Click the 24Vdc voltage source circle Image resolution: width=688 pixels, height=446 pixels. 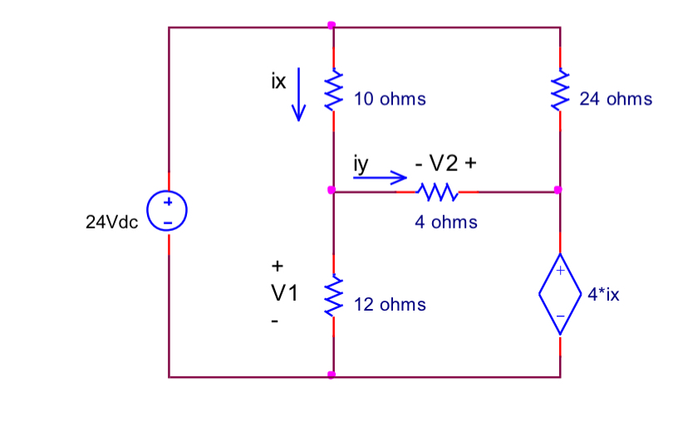(x=168, y=212)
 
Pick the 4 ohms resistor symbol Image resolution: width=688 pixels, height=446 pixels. (x=436, y=192)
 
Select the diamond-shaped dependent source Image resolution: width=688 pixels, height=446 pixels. (x=559, y=293)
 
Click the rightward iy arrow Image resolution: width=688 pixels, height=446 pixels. (x=381, y=177)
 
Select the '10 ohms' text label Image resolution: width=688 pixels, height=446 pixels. (x=390, y=99)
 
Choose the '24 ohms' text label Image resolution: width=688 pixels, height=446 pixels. (x=616, y=99)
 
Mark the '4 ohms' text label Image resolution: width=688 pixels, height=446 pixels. (x=446, y=222)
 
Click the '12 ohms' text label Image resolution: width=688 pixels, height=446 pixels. (x=390, y=305)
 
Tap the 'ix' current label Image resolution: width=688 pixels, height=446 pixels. (x=278, y=81)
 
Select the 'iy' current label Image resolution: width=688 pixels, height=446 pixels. (x=360, y=164)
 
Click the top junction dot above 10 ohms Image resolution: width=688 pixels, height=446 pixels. (x=332, y=26)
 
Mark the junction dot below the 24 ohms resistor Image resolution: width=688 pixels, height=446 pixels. (x=558, y=191)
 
